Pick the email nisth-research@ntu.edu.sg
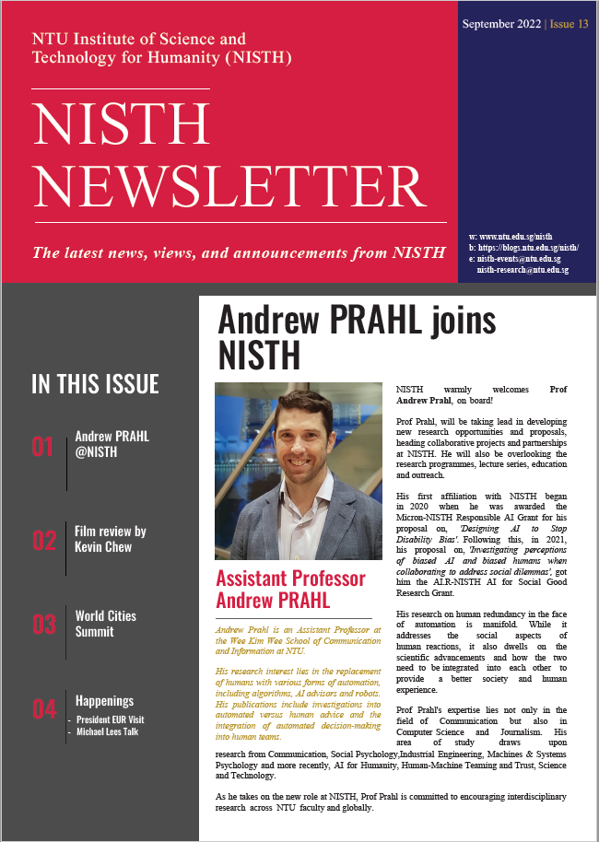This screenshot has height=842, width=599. click(522, 270)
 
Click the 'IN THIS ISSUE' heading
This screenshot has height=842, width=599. click(95, 384)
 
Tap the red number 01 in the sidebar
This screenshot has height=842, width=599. click(43, 448)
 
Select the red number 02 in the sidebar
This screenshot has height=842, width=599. click(43, 541)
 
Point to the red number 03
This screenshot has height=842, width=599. click(43, 625)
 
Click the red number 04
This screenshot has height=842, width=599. click(43, 709)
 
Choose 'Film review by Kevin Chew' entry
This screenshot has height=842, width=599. click(111, 539)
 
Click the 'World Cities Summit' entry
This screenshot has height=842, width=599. click(105, 624)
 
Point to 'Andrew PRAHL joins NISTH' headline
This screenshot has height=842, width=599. click(357, 335)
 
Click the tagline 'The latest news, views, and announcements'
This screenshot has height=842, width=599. click(226, 251)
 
